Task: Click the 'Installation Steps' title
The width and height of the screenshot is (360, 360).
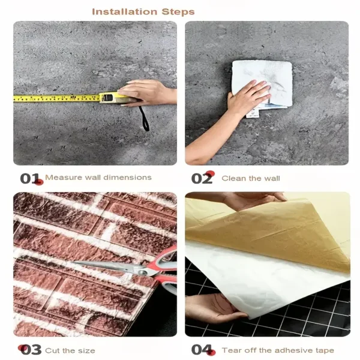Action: click(143, 12)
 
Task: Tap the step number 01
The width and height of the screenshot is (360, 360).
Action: click(30, 178)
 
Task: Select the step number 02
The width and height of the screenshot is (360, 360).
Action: click(202, 178)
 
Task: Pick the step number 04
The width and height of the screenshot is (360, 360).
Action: click(202, 350)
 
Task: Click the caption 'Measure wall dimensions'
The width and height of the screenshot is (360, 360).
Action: click(98, 178)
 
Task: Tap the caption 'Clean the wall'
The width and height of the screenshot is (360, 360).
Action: click(251, 178)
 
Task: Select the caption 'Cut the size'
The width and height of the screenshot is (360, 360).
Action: click(70, 350)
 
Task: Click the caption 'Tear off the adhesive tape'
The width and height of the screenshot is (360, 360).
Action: click(278, 350)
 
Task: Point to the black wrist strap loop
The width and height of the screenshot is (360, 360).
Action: click(144, 119)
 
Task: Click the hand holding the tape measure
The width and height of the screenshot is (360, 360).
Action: click(147, 92)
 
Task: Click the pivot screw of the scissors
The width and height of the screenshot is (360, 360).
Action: click(143, 273)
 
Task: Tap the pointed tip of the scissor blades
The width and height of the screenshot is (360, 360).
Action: click(73, 262)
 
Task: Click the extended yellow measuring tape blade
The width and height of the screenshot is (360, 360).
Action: click(56, 98)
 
